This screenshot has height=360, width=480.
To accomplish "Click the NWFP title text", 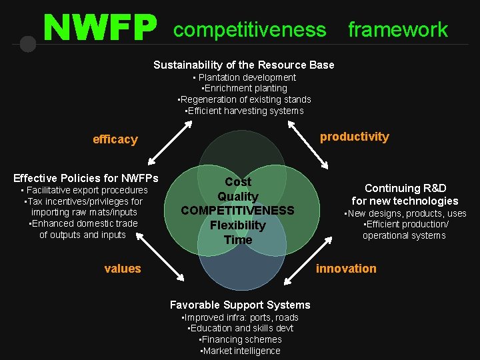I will click(x=100, y=28).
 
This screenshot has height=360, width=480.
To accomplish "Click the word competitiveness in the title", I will click(x=250, y=29).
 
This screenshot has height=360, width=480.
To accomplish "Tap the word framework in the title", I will click(x=398, y=29).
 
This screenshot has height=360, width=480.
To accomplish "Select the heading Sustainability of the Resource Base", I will click(x=244, y=65).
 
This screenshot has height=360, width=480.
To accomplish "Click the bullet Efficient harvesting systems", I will click(x=244, y=111).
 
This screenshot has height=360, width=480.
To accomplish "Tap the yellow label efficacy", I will click(x=115, y=139).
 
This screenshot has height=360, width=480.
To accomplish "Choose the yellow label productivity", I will click(x=354, y=137).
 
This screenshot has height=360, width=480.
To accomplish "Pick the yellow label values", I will click(x=123, y=269).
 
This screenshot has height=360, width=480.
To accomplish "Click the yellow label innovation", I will click(x=346, y=269).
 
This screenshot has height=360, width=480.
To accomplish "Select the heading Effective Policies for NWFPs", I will click(x=86, y=178).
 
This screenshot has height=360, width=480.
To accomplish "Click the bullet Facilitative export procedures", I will click(x=83, y=190).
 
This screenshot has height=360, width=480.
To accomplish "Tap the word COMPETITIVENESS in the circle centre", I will click(x=238, y=211).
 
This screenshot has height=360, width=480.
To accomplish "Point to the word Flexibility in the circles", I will click(x=238, y=225).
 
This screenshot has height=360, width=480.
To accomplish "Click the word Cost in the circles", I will click(x=238, y=182).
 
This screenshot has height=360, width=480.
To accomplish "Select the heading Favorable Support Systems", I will click(x=240, y=305).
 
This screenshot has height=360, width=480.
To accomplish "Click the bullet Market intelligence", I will click(x=240, y=351).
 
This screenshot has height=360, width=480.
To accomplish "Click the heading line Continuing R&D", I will click(x=405, y=188).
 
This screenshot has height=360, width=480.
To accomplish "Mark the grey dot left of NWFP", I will click(x=28, y=44).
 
